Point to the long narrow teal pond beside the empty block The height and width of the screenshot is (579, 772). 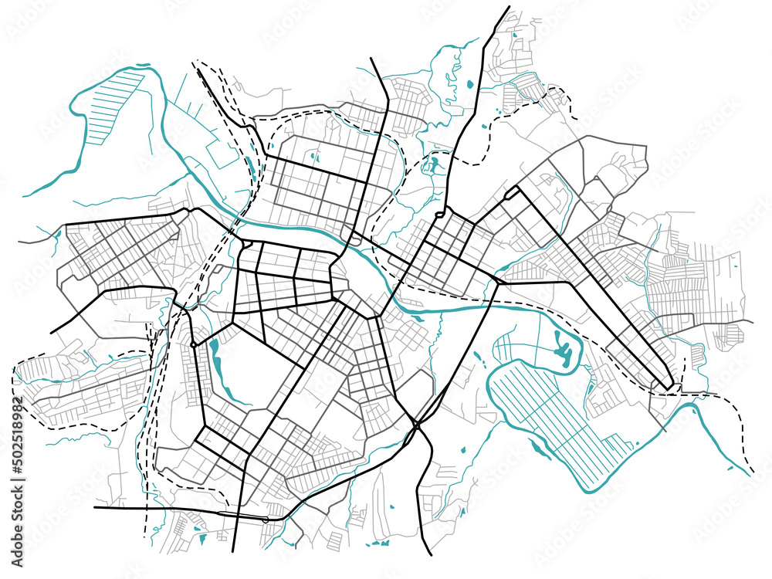pyautogui.click(x=215, y=363)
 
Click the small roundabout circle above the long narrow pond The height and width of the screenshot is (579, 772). pyautogui.click(x=191, y=342)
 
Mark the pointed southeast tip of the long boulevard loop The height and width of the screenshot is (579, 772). pyautogui.click(x=669, y=386)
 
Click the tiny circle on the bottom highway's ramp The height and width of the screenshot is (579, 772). pyautogui.click(x=266, y=520)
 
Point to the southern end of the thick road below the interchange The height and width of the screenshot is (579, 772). pyautogui.click(x=430, y=554)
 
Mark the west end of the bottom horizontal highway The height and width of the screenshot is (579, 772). pyautogui.click(x=95, y=508)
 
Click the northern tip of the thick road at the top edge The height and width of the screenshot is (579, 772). pyautogui.click(x=509, y=7)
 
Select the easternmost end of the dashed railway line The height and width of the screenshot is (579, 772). pyautogui.click(x=752, y=473)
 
